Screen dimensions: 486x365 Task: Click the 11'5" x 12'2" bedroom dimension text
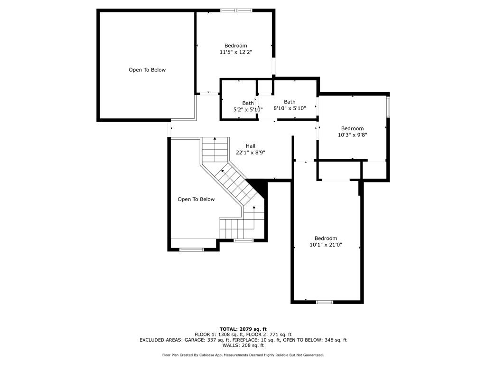[236, 52]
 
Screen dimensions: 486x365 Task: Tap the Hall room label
[251, 146]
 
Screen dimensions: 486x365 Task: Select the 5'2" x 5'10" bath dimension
[248, 110]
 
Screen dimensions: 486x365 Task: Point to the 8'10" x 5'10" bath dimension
[290, 108]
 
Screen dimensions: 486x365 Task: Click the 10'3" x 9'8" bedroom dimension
[353, 135]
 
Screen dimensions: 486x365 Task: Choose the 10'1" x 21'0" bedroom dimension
[326, 245]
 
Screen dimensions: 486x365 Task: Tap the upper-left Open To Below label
[147, 70]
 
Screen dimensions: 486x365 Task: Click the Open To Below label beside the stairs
[196, 199]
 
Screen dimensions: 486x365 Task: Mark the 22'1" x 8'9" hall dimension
[251, 153]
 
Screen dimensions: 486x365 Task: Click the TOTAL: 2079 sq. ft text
[243, 329]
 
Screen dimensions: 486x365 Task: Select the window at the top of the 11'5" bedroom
[236, 10]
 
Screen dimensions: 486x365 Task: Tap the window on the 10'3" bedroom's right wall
[388, 107]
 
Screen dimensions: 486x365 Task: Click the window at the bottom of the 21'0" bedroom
[325, 302]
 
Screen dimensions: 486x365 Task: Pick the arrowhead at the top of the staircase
[215, 139]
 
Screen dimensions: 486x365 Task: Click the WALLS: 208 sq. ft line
[243, 345]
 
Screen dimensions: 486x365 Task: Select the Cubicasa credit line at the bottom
[243, 355]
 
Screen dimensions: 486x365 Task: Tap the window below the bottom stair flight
[243, 240]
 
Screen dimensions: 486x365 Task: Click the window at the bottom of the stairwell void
[192, 250]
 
